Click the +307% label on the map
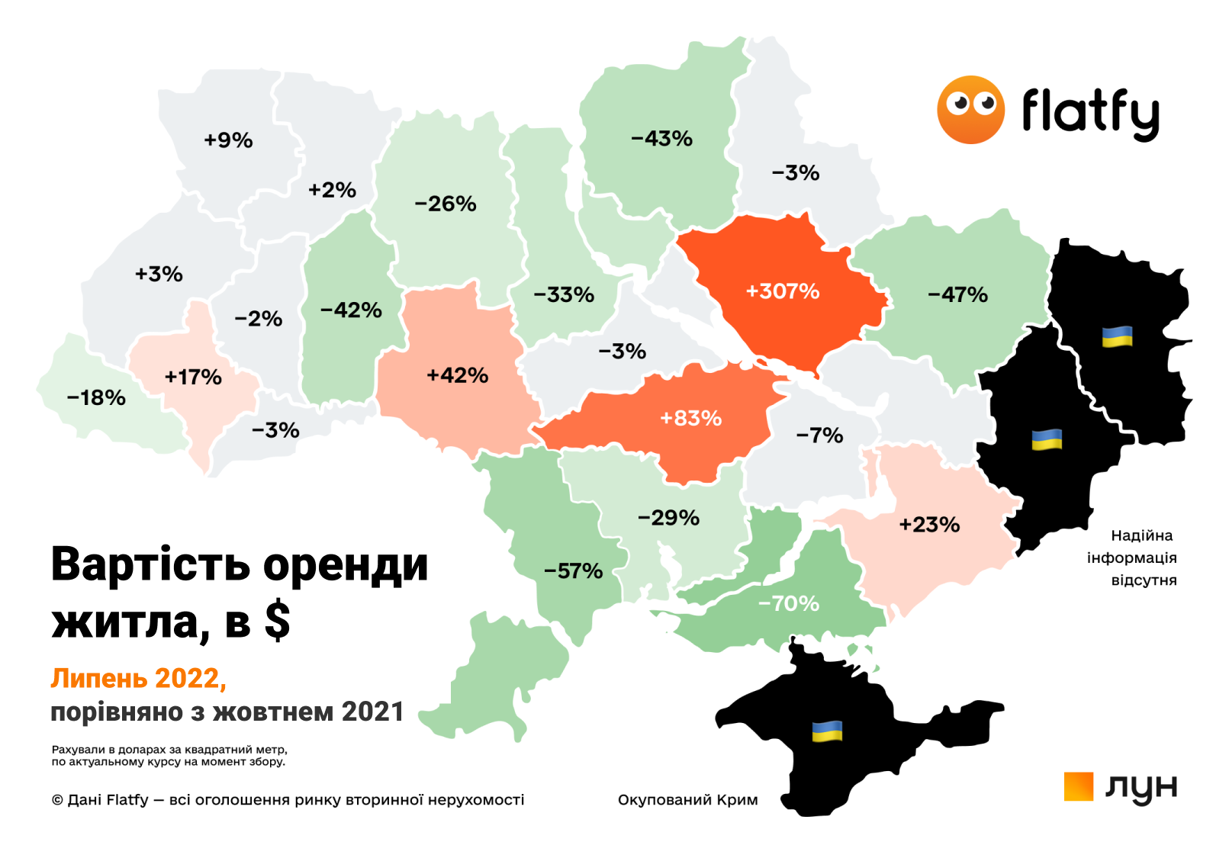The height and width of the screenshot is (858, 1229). coord(783,291)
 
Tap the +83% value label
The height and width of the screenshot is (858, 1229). coord(690,418)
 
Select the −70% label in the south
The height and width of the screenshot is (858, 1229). coord(789,604)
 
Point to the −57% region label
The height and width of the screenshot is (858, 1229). coord(573,571)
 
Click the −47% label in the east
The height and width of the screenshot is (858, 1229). coord(957,294)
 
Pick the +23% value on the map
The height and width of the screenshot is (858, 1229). coord(929,525)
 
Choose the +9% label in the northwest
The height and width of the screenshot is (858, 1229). coord(228,140)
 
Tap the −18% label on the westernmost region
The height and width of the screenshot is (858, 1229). coord(96,397)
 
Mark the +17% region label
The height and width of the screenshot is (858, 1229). coord(193,377)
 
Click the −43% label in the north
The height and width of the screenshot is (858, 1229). coord(661,139)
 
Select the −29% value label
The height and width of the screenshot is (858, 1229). coord(668,518)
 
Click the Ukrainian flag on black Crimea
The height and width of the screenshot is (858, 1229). coord(827,731)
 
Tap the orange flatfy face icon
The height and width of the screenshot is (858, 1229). coord(970,110)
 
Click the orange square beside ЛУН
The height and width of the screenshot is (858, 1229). coord(1079,786)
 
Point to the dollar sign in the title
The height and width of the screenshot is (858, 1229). coord(278,622)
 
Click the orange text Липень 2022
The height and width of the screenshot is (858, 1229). coord(138,678)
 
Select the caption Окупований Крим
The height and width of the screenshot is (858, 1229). coord(687,800)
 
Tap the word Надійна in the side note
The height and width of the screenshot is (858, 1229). coord(1141,535)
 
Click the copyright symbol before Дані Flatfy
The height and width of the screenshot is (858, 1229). coord(57,800)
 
